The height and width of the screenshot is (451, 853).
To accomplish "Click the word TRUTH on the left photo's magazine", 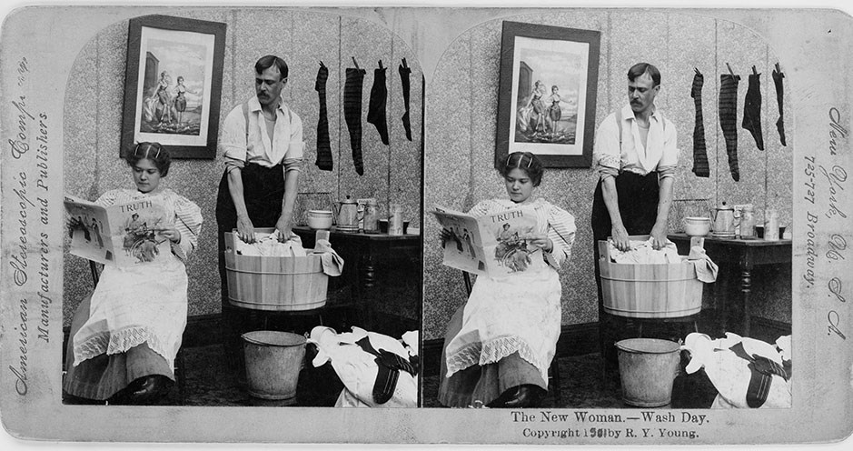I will tap(136, 206).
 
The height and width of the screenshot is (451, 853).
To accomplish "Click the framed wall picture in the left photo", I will tap(173, 86).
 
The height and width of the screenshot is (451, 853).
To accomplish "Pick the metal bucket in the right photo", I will tap(647, 371).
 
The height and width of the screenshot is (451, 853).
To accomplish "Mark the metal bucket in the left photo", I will tap(273, 363).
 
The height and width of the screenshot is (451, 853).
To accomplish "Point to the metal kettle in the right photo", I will tap(723, 218).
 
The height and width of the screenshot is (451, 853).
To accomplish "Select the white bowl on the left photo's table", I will tap(319, 219).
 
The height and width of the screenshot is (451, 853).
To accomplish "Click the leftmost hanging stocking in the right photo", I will tap(699, 124).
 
